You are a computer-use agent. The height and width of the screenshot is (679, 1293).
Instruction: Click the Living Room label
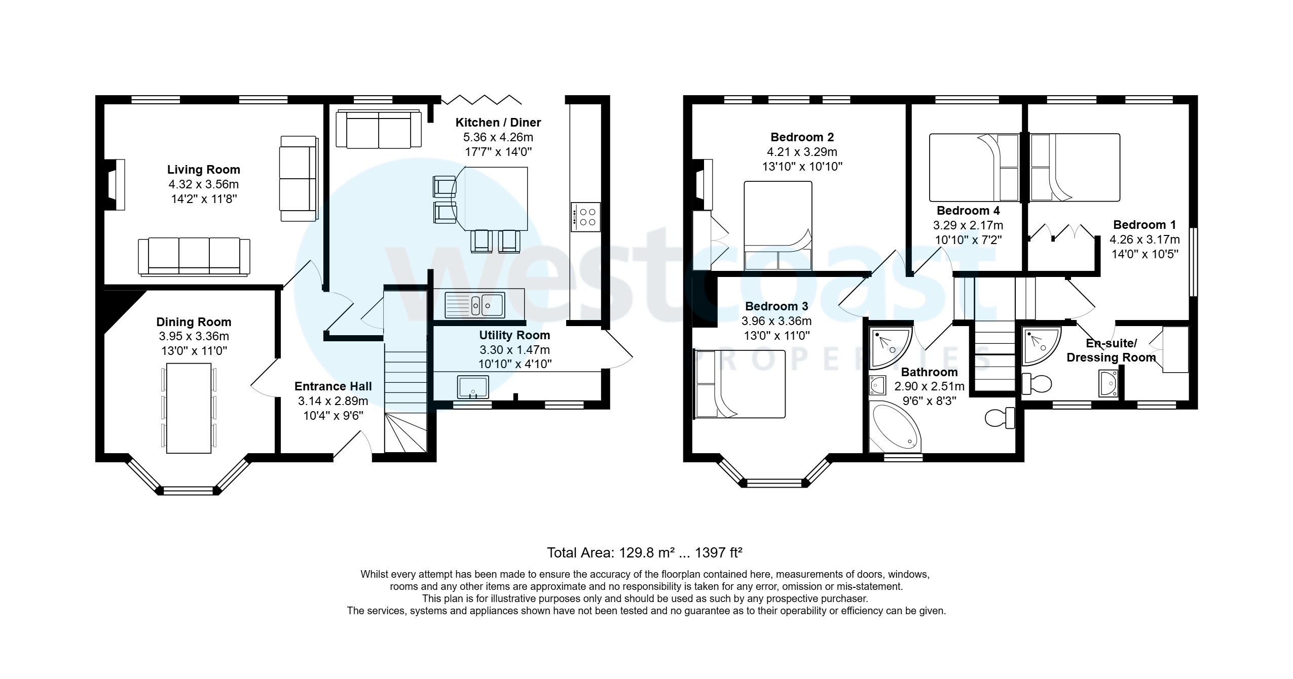pos(203,170)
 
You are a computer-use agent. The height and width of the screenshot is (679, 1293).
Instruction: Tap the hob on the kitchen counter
pos(585,217)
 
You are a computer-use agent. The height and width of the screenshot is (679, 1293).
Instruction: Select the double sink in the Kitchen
pos(474,305)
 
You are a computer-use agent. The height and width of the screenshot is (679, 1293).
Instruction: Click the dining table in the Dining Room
pos(189,407)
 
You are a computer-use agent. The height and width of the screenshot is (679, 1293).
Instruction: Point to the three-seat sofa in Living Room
pos(194,257)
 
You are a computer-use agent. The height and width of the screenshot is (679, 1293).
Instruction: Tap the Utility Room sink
pos(472,387)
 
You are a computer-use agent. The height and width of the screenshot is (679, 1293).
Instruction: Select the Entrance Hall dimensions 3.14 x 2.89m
pos(333,401)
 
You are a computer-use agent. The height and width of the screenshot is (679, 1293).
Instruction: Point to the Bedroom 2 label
pos(802,137)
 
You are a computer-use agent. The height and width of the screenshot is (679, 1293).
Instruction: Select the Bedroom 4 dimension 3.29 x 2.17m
pos(968,225)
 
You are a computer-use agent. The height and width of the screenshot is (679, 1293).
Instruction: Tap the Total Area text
pos(644,552)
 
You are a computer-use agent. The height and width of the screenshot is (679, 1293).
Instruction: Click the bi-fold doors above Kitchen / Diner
pos(481,99)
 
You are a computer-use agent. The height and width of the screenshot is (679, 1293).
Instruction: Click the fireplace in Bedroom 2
pos(704,184)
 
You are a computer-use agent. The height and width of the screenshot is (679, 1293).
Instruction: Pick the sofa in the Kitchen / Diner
pos(379,130)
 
